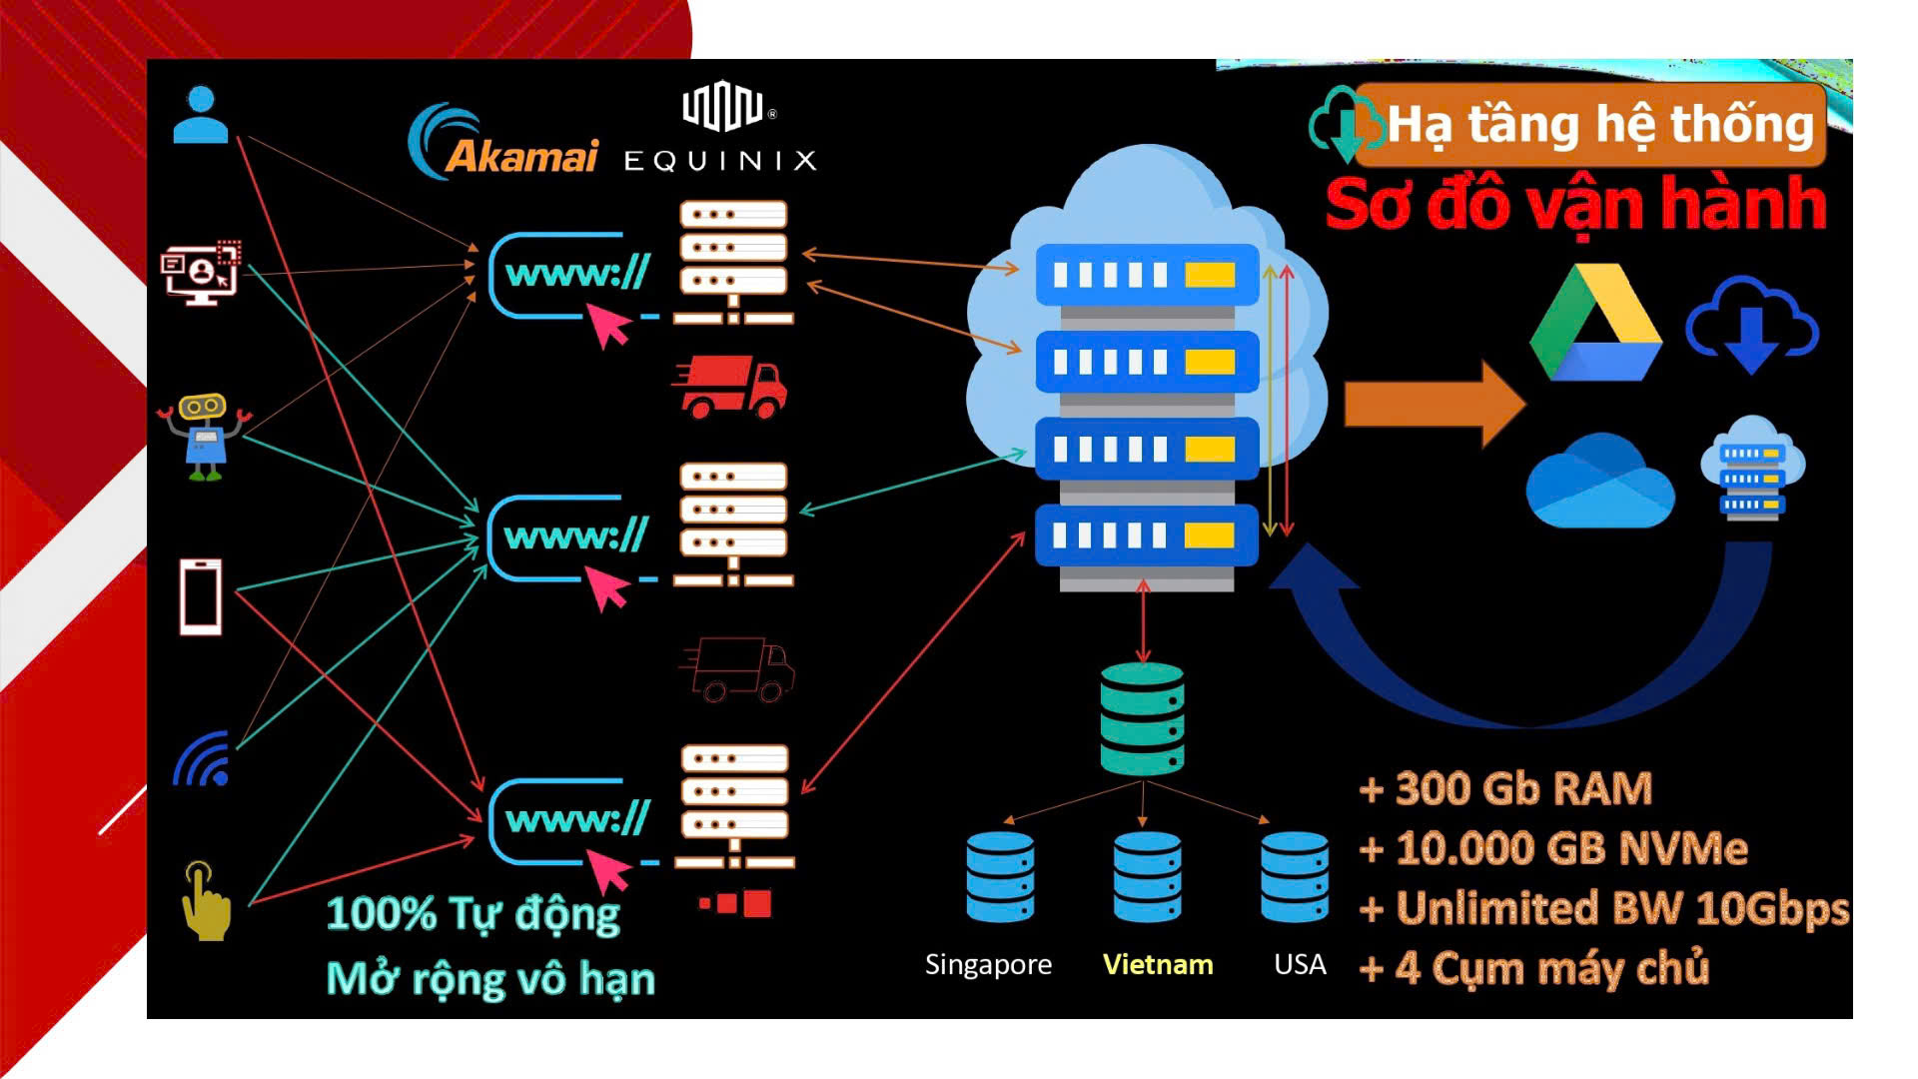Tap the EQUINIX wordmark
click(720, 161)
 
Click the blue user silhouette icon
click(201, 115)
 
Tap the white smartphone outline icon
click(201, 596)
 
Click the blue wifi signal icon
click(204, 760)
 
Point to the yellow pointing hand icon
click(205, 902)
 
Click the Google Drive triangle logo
click(1594, 325)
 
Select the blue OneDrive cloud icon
click(1599, 483)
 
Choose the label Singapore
click(987, 964)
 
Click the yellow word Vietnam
click(1157, 964)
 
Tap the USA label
click(1300, 964)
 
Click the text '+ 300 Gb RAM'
click(1505, 789)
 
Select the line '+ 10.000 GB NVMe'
click(1553, 849)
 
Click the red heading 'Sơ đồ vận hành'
click(1575, 205)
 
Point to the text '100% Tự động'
click(473, 914)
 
